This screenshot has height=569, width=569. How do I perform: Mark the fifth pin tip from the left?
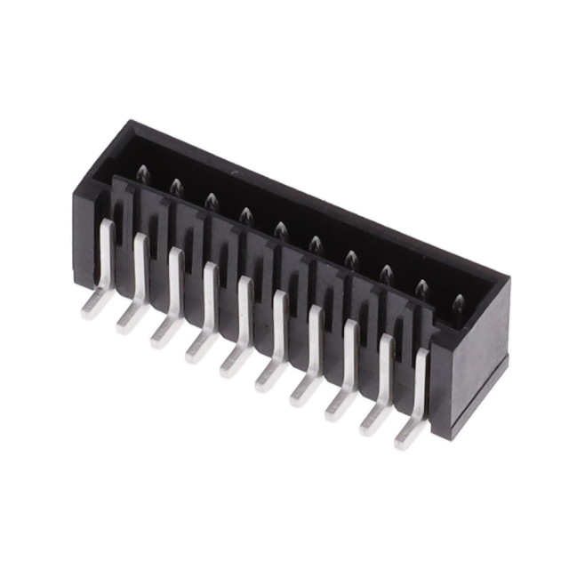pyautogui.click(x=280, y=230)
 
